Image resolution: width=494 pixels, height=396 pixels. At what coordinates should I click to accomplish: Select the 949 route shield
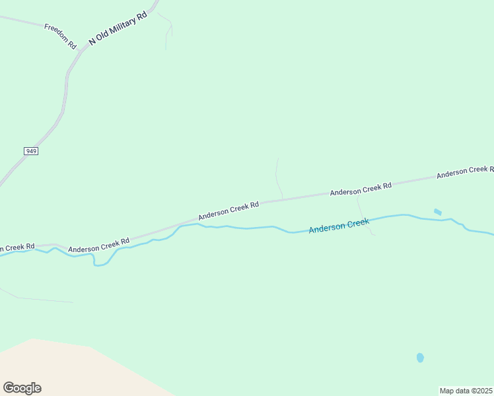tap(31, 151)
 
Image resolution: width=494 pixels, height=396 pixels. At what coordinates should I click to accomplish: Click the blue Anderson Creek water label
tap(338, 226)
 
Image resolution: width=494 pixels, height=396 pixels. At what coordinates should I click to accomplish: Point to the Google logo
tap(22, 388)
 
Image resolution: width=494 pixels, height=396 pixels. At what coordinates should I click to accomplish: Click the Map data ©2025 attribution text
tap(466, 391)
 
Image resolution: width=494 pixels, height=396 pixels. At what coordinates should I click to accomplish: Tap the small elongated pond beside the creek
tap(437, 212)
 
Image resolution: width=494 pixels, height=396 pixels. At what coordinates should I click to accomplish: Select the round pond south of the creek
tap(420, 358)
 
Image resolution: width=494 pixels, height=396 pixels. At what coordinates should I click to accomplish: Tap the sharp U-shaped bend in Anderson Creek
tap(100, 263)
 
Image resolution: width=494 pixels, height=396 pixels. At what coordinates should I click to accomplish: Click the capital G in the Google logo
tap(9, 388)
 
